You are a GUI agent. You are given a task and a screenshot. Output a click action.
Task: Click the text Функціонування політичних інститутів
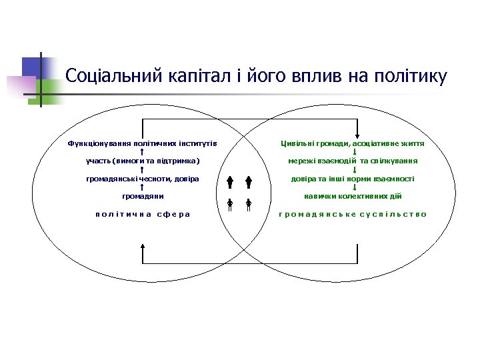click(143, 143)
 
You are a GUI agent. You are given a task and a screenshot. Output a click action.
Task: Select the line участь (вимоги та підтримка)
click(143, 161)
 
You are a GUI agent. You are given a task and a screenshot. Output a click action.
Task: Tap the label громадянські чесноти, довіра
click(143, 179)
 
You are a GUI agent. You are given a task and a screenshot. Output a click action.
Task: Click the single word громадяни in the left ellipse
click(143, 196)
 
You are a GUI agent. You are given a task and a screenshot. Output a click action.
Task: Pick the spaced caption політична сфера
click(143, 214)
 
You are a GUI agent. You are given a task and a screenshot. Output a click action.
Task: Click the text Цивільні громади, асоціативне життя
click(353, 143)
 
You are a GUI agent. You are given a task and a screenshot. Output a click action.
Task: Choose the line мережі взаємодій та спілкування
click(353, 161)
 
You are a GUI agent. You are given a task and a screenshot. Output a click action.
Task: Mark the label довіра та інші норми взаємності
click(353, 179)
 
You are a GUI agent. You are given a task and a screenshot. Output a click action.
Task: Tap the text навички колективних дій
click(353, 196)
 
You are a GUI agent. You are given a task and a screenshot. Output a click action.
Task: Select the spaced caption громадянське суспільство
click(353, 214)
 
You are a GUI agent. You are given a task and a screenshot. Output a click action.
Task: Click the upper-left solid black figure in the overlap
click(229, 183)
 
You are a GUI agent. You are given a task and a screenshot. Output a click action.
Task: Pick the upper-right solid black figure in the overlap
click(247, 183)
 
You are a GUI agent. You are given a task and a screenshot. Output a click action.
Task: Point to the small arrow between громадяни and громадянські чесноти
click(143, 187)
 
